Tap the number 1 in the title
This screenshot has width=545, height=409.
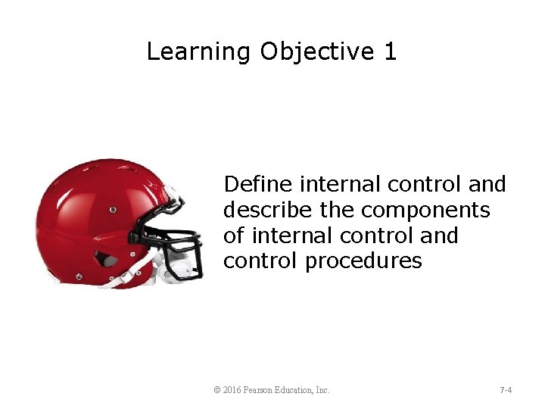[x=390, y=52]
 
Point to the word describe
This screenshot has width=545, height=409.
[x=266, y=210]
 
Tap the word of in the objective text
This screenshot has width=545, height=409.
[x=233, y=236]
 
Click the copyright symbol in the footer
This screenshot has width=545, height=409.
[x=218, y=390]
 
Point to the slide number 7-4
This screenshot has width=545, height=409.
[x=506, y=390]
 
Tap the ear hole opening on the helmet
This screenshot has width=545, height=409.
[x=110, y=261]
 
